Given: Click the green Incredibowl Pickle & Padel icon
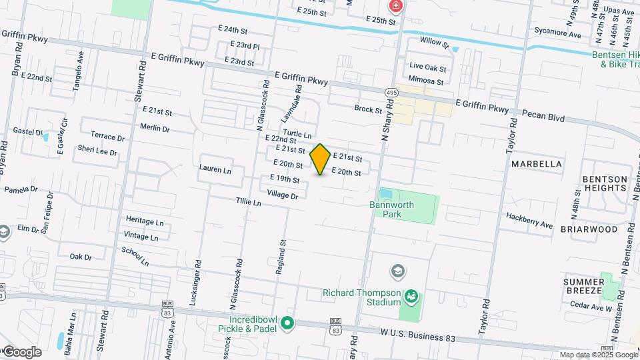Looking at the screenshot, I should point(287,324).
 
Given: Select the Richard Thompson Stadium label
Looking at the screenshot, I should point(362,297).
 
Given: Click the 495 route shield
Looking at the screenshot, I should point(391,91).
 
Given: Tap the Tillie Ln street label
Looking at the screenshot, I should point(248,201).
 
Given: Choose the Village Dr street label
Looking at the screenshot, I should point(282,195).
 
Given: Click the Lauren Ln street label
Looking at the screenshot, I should point(215,170).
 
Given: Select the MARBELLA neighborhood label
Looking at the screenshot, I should point(536,163).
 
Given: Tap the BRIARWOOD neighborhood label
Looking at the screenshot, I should point(589,229).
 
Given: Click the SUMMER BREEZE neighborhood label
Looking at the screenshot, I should point(583,287).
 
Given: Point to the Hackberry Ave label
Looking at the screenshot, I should point(529,221).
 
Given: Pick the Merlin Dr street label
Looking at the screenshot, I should point(155,128).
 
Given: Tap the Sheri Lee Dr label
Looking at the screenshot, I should point(97,150).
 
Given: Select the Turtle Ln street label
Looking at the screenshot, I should point(297,134).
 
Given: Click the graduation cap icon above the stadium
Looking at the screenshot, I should point(398,271).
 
